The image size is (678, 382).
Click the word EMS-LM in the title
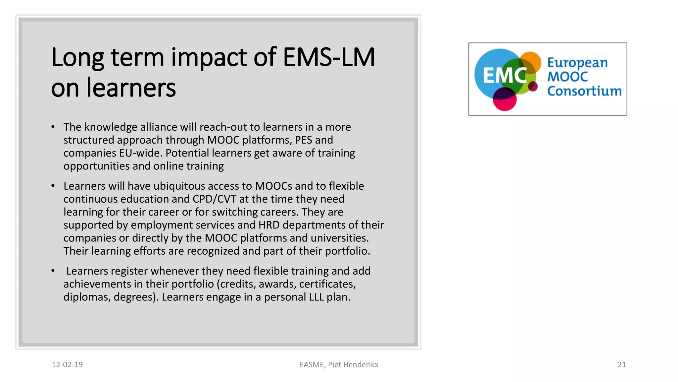tap(329, 57)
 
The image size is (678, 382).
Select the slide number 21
tap(622, 364)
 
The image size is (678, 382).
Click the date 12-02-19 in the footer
tap(67, 364)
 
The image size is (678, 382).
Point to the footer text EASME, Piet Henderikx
tap(339, 364)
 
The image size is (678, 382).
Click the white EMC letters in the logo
tap(504, 76)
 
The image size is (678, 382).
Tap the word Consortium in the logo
tap(584, 91)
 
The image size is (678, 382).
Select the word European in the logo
tap(577, 63)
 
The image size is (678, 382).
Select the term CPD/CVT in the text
tap(215, 199)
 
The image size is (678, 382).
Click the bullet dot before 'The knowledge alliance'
tap(53, 127)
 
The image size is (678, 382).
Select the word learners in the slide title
tap(131, 88)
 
